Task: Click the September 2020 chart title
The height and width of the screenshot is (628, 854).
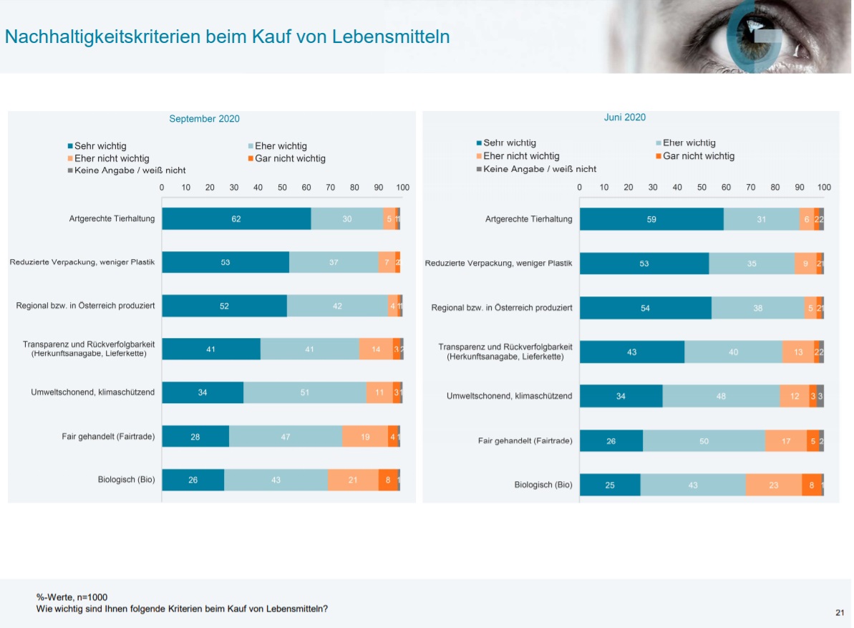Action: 204,119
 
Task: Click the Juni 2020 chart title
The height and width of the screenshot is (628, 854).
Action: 624,117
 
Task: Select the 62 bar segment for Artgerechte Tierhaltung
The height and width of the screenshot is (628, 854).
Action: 236,219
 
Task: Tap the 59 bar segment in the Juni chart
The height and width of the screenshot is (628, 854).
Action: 651,219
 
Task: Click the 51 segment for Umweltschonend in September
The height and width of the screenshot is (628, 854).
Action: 305,392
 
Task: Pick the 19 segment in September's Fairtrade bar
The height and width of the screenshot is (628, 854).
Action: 365,436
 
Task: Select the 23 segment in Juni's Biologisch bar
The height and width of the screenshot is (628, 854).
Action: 774,485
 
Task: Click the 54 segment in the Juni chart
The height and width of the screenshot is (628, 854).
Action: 646,308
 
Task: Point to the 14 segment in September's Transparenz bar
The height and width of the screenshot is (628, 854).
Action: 376,349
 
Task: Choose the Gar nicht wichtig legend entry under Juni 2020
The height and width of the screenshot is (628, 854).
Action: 698,156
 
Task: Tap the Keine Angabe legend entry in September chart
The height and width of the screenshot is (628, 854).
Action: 130,170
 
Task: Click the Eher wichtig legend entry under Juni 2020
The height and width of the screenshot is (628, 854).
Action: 689,143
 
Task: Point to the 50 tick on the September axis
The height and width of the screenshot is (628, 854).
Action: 283,188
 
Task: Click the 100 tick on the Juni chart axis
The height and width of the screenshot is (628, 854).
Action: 824,188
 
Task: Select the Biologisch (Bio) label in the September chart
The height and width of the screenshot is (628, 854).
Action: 126,480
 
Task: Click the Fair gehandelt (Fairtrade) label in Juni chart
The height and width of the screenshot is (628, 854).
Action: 525,441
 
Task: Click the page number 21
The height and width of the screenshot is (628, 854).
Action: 840,612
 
